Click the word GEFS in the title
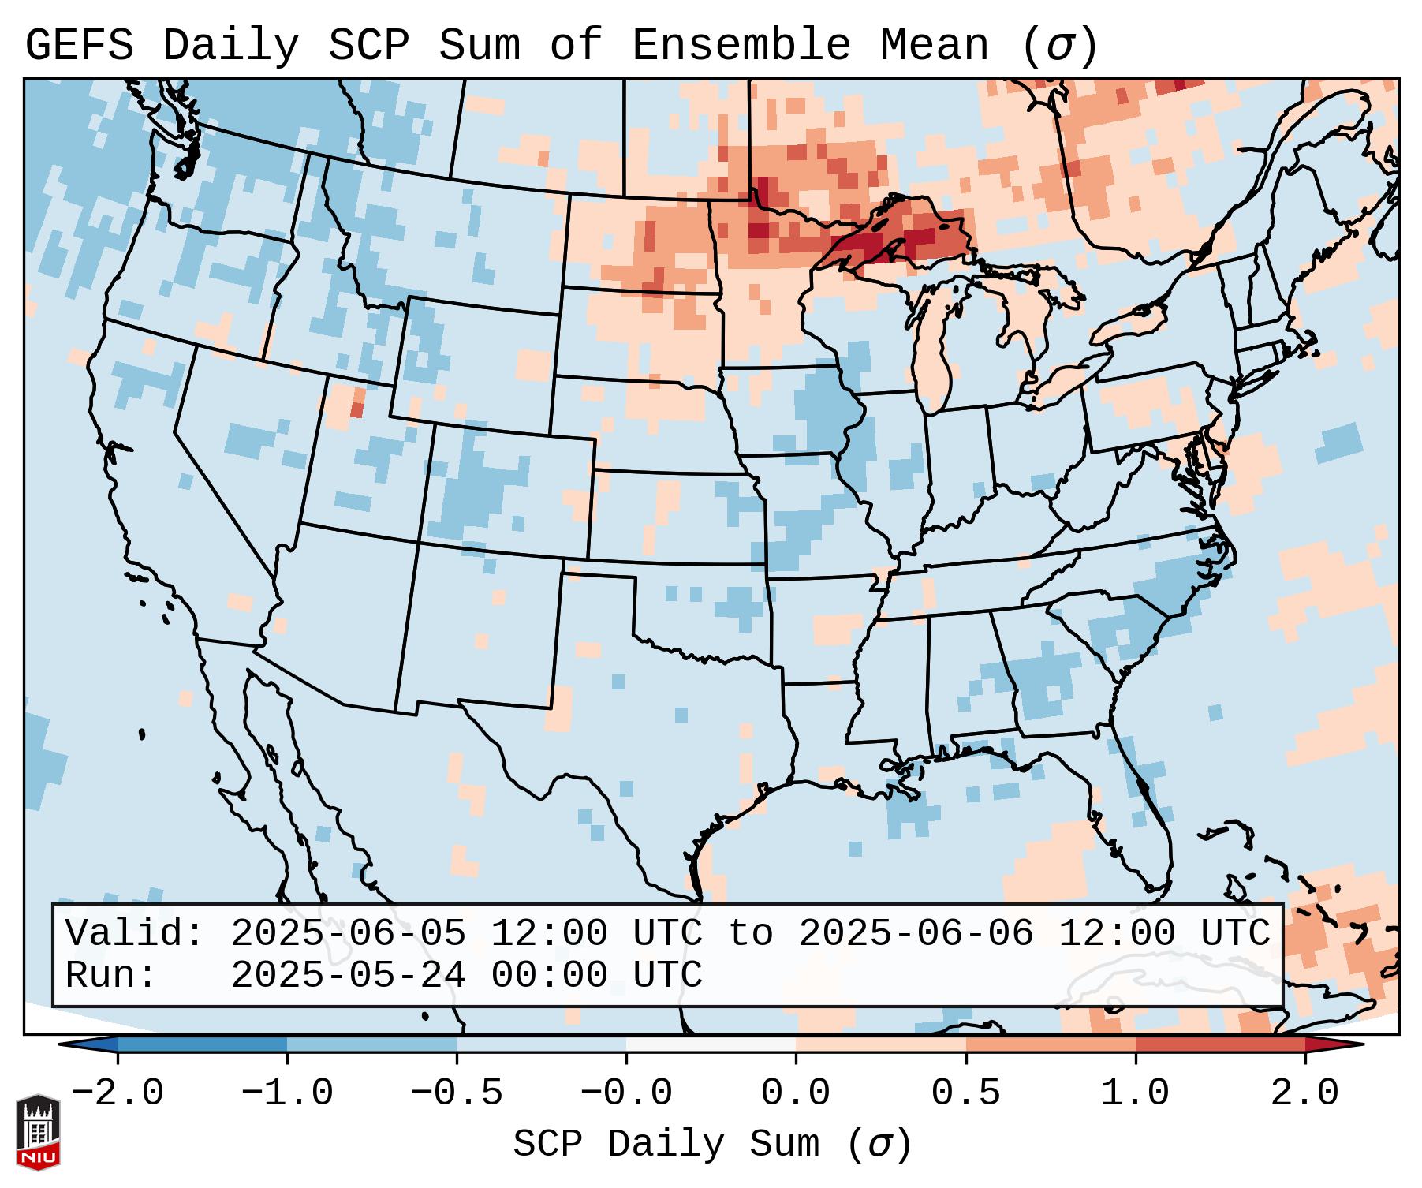(x=79, y=46)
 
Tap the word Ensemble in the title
(x=741, y=46)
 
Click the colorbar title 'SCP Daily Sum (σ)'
(x=712, y=1144)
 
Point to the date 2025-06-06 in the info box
(x=916, y=933)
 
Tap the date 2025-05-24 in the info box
(x=348, y=975)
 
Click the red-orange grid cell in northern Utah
(x=357, y=409)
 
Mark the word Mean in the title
(x=934, y=46)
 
